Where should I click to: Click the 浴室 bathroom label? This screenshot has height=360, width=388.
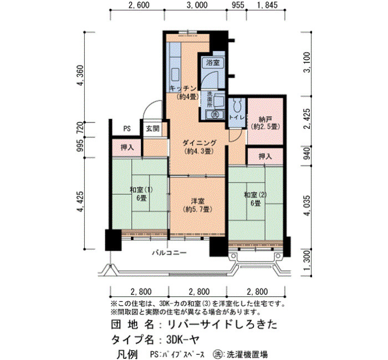click(x=213, y=63)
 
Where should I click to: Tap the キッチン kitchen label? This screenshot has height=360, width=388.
click(x=183, y=88)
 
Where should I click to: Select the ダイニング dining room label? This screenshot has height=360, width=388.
click(x=200, y=143)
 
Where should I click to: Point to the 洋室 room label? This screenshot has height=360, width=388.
click(x=197, y=201)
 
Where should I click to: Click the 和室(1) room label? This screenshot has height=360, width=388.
click(x=141, y=189)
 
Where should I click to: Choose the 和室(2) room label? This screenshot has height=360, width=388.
click(x=256, y=195)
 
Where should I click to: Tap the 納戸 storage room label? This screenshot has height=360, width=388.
click(x=266, y=119)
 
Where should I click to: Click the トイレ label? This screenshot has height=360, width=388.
click(x=237, y=117)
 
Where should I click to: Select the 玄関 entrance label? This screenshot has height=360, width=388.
click(x=152, y=128)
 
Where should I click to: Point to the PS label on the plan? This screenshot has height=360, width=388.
click(x=127, y=129)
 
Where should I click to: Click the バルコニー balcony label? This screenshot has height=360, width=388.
click(x=169, y=253)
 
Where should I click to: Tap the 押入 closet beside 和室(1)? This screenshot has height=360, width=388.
click(x=127, y=148)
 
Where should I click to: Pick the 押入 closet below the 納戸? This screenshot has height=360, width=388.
click(x=266, y=156)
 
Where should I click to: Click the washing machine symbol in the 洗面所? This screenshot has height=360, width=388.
click(x=215, y=114)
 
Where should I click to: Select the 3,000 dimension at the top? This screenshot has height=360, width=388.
click(x=197, y=5)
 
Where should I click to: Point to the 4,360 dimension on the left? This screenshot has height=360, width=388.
click(x=80, y=75)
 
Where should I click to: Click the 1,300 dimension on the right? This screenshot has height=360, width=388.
click(x=307, y=263)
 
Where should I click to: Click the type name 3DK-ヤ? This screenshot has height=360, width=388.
click(x=183, y=340)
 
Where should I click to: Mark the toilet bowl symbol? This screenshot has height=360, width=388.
click(x=237, y=106)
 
